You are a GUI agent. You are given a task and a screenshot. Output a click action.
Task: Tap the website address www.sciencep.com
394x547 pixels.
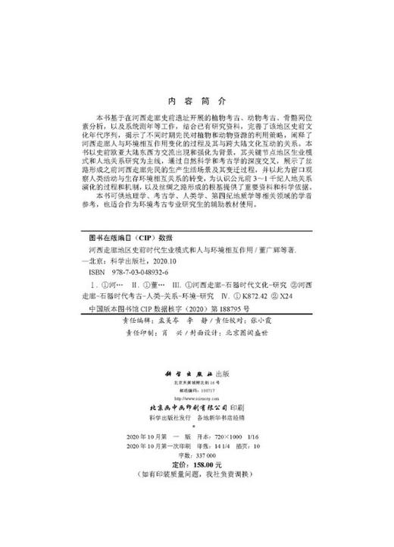197,396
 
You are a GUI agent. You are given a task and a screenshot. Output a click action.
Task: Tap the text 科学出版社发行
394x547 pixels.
162,417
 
